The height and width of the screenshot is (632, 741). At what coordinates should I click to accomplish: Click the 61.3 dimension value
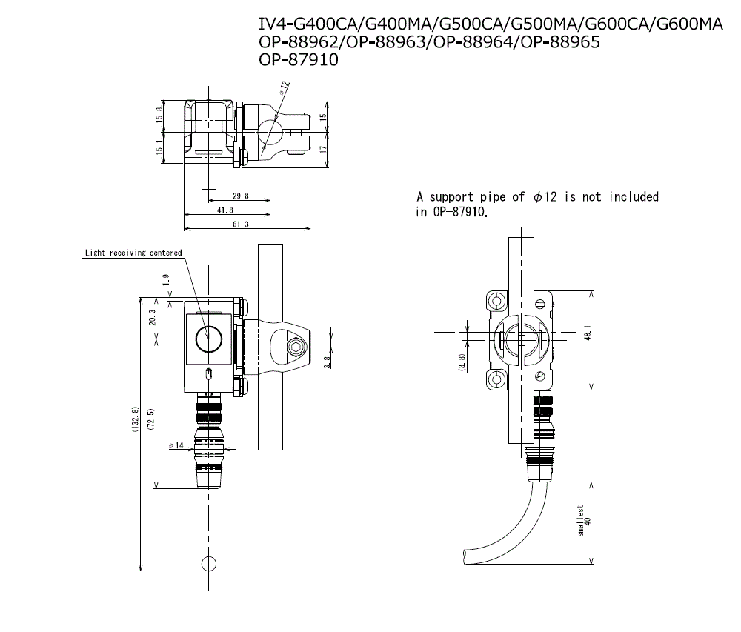tap(240, 224)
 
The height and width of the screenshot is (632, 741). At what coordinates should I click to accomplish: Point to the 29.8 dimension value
tap(240, 196)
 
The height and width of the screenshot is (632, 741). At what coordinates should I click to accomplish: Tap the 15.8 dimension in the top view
tap(159, 116)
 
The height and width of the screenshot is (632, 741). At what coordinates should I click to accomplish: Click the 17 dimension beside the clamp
tap(323, 150)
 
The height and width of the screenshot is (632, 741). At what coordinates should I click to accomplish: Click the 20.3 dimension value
tap(152, 318)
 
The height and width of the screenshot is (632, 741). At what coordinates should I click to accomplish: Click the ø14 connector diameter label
tap(176, 445)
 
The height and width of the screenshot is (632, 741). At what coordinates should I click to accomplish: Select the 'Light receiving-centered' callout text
tap(133, 253)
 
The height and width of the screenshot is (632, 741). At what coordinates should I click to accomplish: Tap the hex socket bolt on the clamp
tap(297, 348)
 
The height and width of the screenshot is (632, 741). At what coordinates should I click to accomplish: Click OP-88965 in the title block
tap(560, 42)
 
